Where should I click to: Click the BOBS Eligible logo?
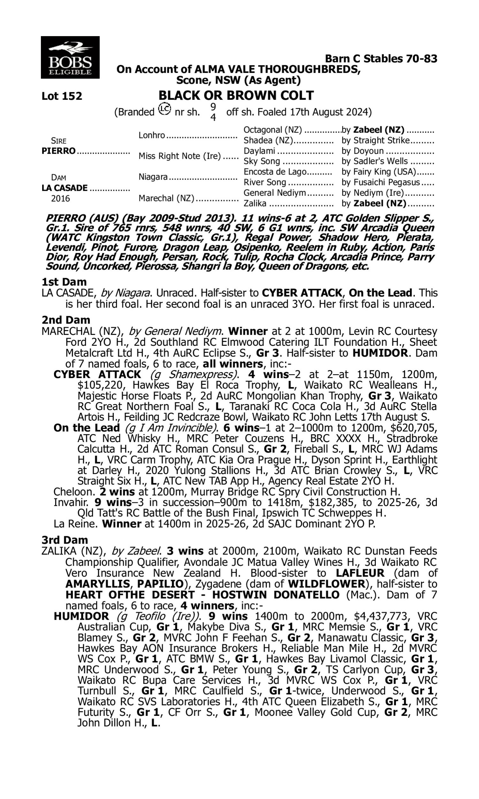(70, 58)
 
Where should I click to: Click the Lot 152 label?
(62, 96)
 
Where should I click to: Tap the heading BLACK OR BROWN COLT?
(236, 95)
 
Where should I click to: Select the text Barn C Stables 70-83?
(381, 59)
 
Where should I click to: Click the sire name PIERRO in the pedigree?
(58, 151)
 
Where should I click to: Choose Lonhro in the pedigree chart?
(152, 135)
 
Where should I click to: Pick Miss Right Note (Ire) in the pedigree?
(179, 156)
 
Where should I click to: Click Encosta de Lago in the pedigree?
(275, 172)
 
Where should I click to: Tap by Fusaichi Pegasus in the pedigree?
(381, 182)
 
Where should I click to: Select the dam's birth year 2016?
(60, 198)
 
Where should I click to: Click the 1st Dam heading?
(64, 282)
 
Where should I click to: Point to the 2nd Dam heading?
(66, 320)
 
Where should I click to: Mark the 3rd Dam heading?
(65, 540)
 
